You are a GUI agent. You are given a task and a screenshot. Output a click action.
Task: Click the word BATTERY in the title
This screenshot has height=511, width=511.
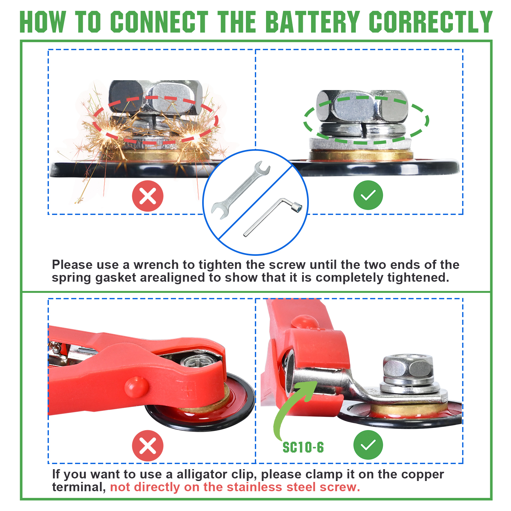pyautogui.click(x=312, y=22)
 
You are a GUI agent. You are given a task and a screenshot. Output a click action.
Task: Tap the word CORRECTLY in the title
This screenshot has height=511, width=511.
pyautogui.click(x=431, y=22)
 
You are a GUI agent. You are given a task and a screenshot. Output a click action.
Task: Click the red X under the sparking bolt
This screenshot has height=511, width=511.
pyautogui.click(x=148, y=196)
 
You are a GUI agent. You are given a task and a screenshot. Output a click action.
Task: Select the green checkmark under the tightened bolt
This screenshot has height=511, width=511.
pyautogui.click(x=368, y=195)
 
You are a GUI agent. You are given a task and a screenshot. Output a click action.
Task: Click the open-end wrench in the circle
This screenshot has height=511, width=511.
pyautogui.click(x=240, y=190)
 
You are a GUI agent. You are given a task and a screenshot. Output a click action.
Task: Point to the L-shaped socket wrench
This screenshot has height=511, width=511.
pyautogui.click(x=272, y=217)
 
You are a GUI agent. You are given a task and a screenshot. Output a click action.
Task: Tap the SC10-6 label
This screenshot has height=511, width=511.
pyautogui.click(x=303, y=447)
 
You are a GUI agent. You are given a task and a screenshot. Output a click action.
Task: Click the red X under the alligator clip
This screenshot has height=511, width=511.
pyautogui.click(x=148, y=446)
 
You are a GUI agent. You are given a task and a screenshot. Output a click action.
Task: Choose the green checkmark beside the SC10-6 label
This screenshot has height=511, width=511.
pyautogui.click(x=368, y=445)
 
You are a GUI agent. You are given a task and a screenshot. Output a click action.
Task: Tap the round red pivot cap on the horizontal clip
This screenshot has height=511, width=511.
pyautogui.click(x=136, y=387)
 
